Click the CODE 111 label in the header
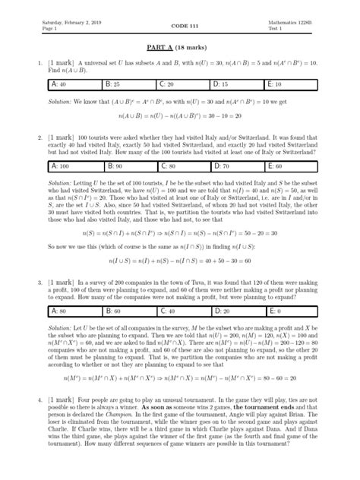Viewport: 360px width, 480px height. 179,27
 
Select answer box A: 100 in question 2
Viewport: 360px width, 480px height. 75,185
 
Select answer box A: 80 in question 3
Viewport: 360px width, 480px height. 75,311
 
